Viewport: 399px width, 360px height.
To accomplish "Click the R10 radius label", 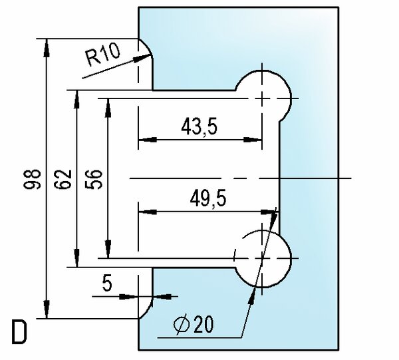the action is click(x=103, y=55).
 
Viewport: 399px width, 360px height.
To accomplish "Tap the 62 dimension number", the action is click(x=63, y=179).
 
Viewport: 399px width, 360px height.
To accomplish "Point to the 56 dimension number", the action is click(x=94, y=179).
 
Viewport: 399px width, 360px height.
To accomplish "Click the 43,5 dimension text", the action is click(x=199, y=126).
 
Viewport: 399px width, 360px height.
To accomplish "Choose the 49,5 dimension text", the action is click(x=208, y=198).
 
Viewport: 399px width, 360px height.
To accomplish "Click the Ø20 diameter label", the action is click(x=194, y=325).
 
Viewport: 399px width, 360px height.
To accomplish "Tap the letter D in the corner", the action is click(x=19, y=332).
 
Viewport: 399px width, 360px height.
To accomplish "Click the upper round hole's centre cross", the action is click(x=262, y=98).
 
